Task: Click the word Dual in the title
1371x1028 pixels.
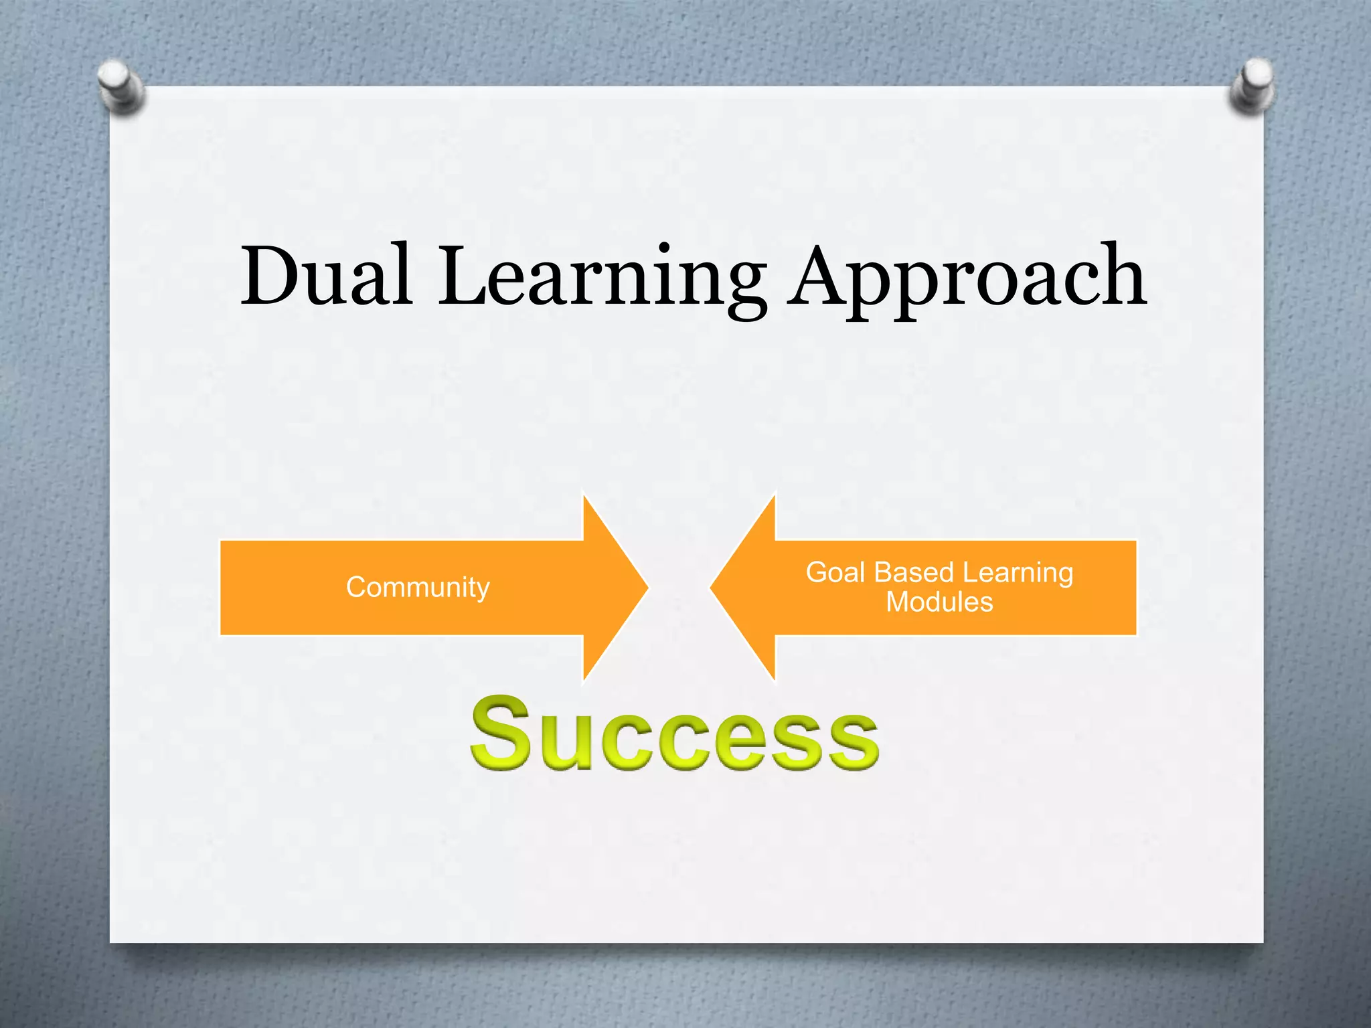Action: point(326,276)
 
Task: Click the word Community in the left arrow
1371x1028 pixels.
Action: point(418,588)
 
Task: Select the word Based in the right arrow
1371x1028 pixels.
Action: point(914,573)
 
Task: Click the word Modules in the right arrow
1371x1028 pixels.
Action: point(939,602)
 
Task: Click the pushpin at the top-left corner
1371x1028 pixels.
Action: point(119,86)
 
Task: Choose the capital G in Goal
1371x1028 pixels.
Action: point(817,573)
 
